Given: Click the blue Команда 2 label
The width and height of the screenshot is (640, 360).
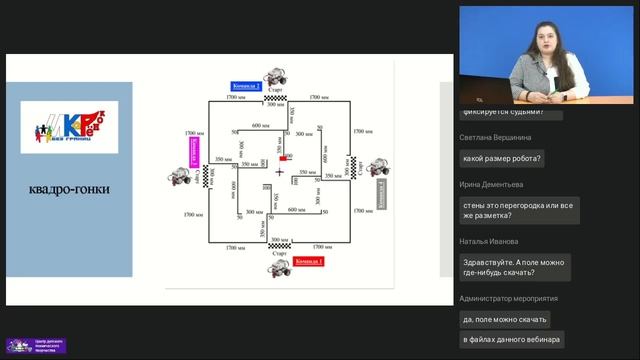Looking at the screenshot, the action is [246, 86].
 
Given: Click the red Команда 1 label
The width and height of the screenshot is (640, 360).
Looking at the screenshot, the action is [311, 261].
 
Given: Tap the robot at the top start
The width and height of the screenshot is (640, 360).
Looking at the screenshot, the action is [277, 76].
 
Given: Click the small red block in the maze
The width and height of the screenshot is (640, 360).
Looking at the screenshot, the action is [288, 157].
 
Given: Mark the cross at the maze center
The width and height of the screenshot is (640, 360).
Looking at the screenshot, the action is [280, 172].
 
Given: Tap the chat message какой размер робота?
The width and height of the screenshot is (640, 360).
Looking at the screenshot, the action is [502, 158].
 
